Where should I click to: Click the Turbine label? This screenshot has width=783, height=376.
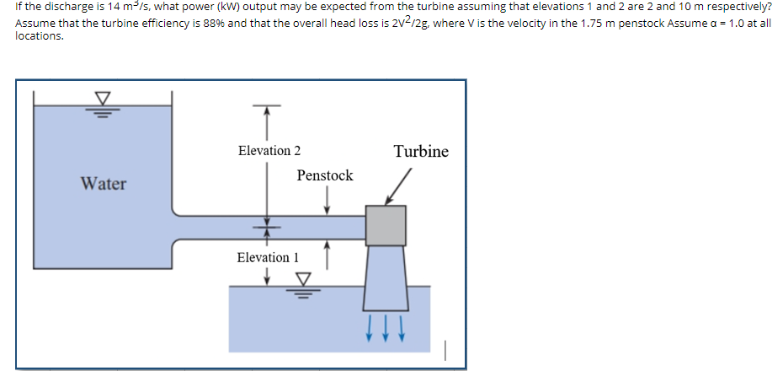pyautogui.click(x=420, y=152)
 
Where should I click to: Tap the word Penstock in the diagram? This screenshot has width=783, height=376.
pyautogui.click(x=324, y=175)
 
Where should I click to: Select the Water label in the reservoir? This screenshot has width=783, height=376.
pyautogui.click(x=104, y=183)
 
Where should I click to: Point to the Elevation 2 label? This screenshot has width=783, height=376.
pyautogui.click(x=269, y=151)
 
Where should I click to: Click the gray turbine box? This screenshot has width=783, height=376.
pyautogui.click(x=386, y=225)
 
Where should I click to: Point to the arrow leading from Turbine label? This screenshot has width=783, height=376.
pyautogui.click(x=397, y=188)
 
